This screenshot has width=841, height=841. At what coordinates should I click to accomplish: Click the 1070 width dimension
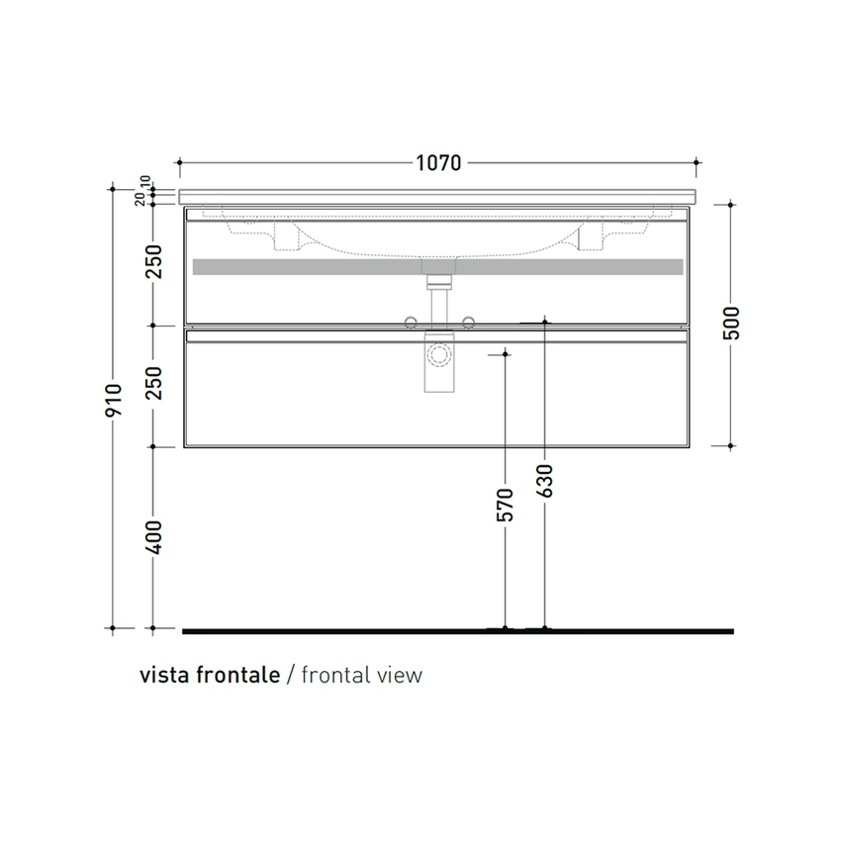coord(437,163)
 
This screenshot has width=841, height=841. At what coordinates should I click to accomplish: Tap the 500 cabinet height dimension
coord(732,323)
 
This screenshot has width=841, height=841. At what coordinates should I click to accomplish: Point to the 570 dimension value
coord(506,504)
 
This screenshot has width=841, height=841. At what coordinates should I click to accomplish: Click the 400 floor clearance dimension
coord(154,536)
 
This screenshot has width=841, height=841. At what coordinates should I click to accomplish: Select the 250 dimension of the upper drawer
coord(154,262)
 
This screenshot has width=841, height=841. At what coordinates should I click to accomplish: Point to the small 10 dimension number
coord(144,182)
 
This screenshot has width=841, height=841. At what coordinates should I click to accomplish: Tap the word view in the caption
coord(400,676)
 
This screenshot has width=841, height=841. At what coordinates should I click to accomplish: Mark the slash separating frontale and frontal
coord(290,676)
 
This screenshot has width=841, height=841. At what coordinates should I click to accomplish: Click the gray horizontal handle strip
coord(437,267)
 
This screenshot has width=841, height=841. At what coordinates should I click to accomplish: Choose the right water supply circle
coord(468,320)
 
